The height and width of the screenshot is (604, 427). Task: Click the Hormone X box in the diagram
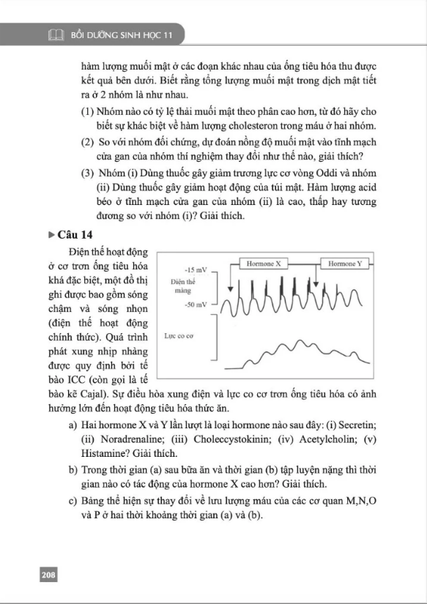coord(264,263)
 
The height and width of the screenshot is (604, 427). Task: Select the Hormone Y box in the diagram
coord(344,263)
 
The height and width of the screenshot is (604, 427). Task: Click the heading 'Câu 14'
coord(82,235)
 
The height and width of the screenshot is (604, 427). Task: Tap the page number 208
coord(48,575)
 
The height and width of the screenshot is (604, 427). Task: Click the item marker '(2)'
coord(88,141)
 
